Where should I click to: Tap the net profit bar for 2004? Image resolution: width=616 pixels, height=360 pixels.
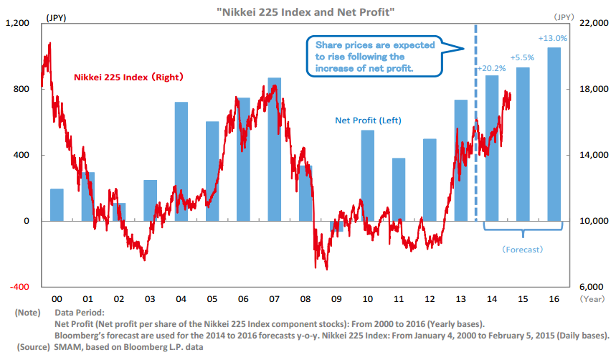click(181, 161)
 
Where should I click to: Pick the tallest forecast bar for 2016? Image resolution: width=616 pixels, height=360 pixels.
click(554, 133)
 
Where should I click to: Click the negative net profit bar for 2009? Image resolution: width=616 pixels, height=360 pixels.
click(336, 226)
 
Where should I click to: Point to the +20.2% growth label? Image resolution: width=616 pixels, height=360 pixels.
click(492, 69)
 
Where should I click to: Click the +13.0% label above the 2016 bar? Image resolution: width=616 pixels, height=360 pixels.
click(553, 38)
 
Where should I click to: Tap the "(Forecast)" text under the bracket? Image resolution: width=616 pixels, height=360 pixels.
click(522, 250)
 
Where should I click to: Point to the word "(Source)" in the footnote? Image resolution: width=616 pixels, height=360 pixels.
click(29, 347)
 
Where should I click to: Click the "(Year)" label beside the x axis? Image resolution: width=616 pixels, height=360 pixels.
click(593, 299)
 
